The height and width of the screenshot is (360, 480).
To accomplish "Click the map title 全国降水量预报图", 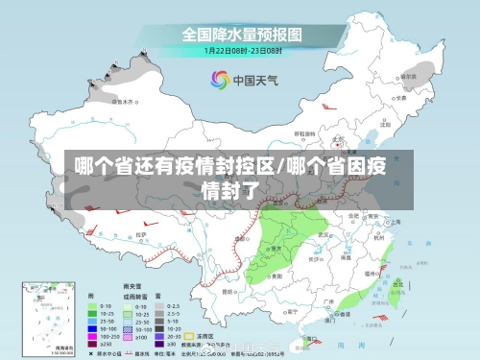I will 241,34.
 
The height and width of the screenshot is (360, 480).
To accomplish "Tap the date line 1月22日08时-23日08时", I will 241,50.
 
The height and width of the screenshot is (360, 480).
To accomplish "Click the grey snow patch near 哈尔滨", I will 415,71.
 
